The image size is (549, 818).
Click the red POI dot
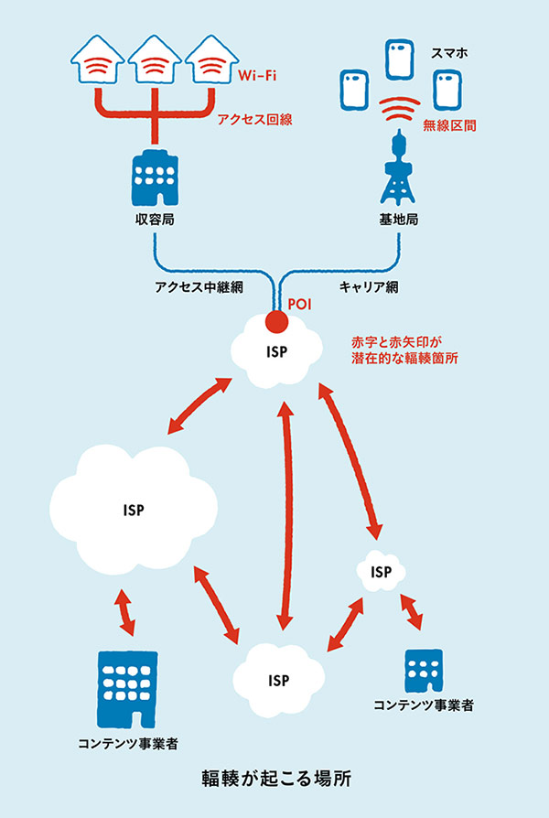click(275, 322)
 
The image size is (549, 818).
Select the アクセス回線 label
click(251, 119)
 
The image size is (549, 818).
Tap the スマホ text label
click(448, 53)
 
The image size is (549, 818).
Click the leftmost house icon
click(99, 63)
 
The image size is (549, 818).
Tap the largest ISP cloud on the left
click(135, 508)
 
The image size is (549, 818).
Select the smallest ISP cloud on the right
click(382, 572)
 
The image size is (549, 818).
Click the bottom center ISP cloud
click(278, 680)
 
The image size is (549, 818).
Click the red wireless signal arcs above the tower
click(398, 113)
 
